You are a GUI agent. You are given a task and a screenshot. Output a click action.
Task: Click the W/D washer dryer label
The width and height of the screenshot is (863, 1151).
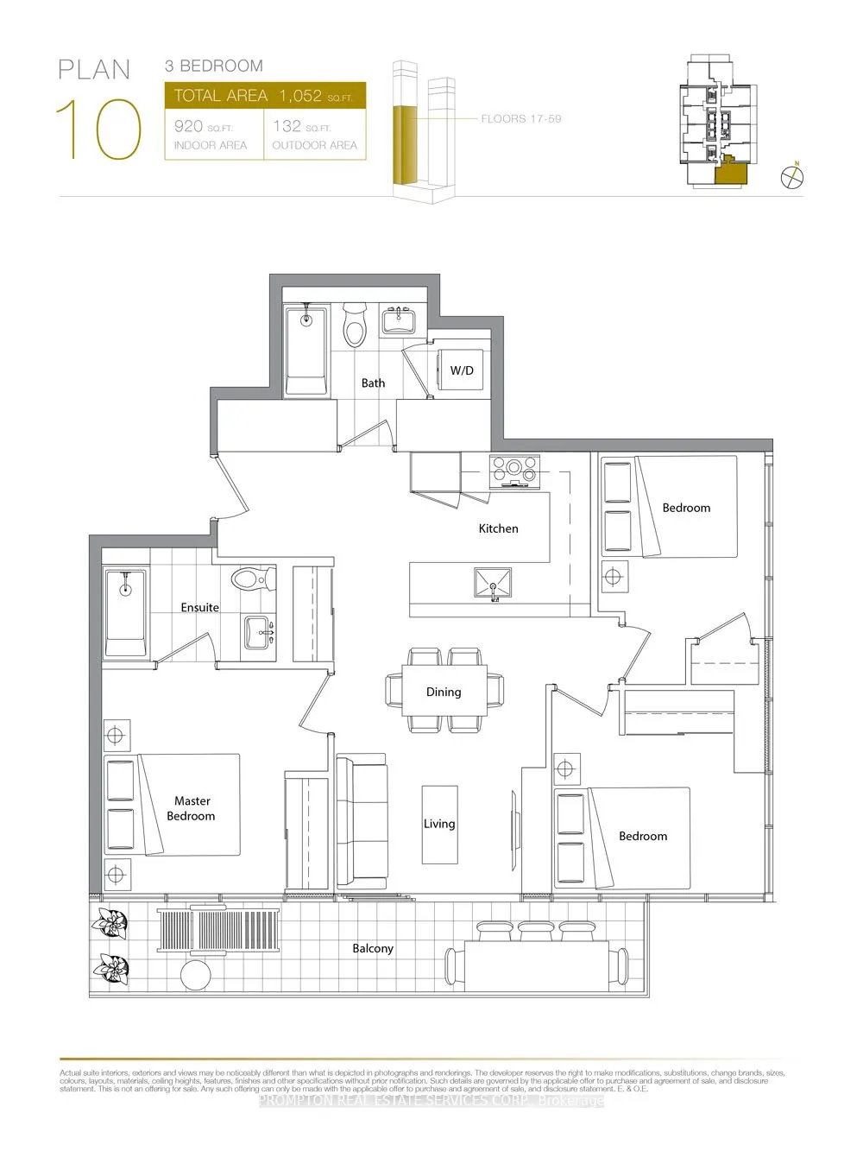[462, 370]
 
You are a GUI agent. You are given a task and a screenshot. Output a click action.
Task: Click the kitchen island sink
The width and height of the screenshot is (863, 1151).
[492, 584]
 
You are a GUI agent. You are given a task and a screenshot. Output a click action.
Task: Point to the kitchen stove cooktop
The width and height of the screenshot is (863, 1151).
[513, 471]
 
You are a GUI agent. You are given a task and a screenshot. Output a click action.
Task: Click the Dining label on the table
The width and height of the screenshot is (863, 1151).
[444, 692]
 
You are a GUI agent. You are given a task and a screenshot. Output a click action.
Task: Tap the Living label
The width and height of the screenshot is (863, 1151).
[439, 824]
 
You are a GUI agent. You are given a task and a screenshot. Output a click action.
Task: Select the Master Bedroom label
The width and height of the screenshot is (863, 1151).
[192, 808]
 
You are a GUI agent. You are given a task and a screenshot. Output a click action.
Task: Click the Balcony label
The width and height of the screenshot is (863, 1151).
[373, 948]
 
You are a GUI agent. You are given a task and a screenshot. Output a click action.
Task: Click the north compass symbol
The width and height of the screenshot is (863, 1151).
[792, 177]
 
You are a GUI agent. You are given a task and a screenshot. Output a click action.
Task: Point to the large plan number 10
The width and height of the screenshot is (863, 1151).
[98, 130]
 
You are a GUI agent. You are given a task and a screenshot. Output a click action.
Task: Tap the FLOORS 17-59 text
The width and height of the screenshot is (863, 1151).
[521, 118]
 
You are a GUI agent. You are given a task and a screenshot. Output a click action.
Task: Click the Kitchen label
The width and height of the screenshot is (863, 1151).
[498, 528]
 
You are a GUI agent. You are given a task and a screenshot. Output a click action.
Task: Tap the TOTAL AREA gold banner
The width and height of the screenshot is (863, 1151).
[265, 96]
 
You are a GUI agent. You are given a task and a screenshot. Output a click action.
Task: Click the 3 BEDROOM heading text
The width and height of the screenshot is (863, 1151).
[214, 66]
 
